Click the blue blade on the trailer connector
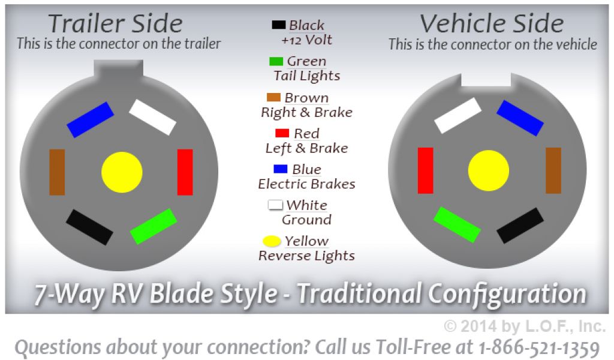coord(90,120)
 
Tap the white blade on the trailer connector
coord(153,117)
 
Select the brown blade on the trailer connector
coord(57,172)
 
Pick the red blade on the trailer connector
coord(185,172)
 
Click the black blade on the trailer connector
coord(90,227)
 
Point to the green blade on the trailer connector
coord(153,226)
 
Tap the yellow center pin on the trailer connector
coord(122,172)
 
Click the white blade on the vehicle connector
coord(458,116)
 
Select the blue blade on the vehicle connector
coord(520,118)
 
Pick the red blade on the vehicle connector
coord(426,170)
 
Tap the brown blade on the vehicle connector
coord(553,170)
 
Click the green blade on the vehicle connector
coord(457,225)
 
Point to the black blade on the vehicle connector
coord(520,226)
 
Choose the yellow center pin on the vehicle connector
coord(489,170)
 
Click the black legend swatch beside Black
coord(279,25)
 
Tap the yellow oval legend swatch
coord(272,241)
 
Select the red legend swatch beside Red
coord(282,133)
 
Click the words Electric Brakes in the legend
coord(306,184)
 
